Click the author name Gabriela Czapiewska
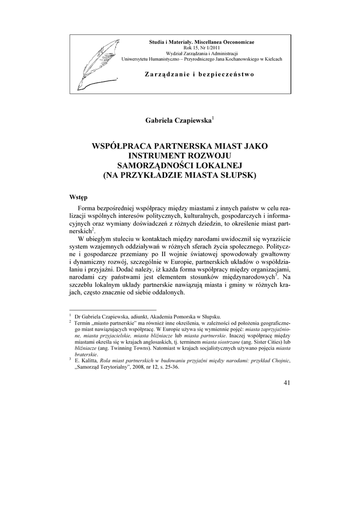[178, 120]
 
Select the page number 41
[286, 382]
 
